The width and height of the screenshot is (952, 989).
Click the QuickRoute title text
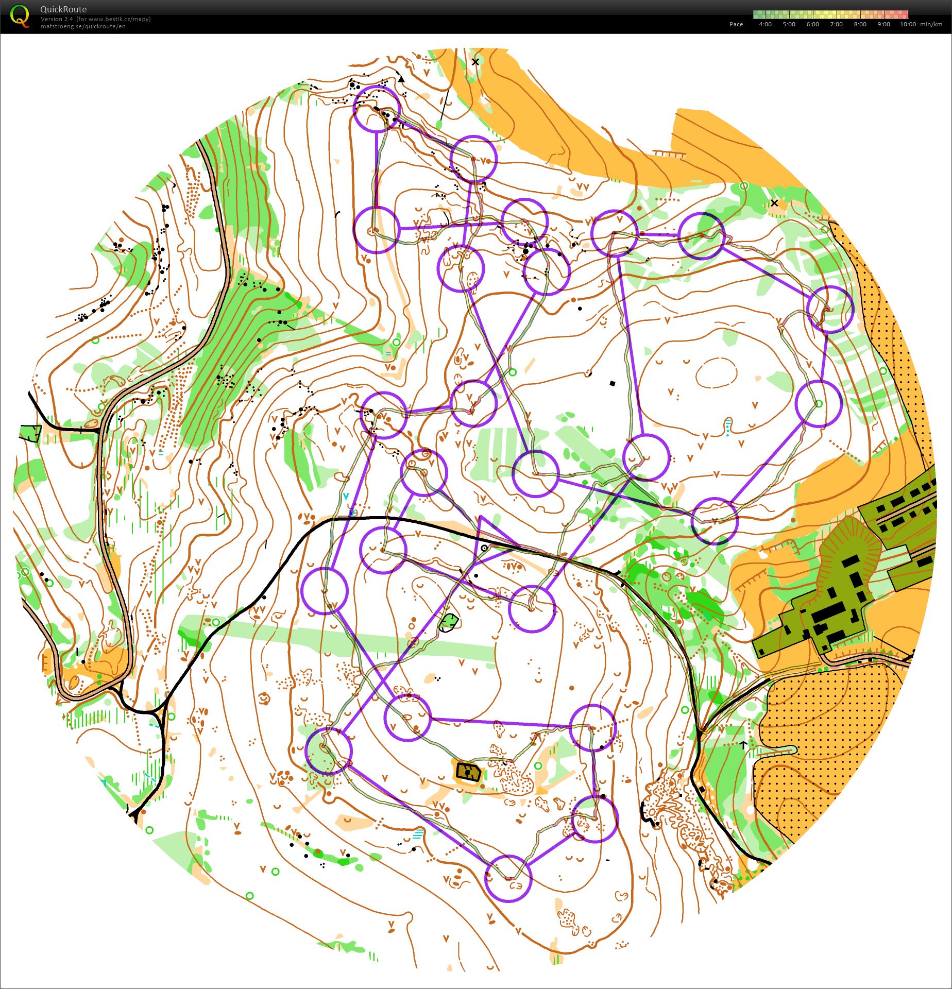coord(63,9)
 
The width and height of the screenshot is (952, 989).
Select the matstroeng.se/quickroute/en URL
coord(83,26)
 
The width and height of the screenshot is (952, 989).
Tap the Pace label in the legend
coord(736,24)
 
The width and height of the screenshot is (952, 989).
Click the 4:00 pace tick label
coord(765,24)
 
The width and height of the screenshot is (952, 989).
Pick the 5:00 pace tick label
coord(789,24)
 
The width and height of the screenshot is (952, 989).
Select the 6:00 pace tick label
coord(812,24)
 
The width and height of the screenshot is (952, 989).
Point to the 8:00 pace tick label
coord(860,24)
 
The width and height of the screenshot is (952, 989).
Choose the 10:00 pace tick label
coord(908,24)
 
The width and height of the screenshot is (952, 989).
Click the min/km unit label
coord(931,24)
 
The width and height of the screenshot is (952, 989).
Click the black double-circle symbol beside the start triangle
coord(484,548)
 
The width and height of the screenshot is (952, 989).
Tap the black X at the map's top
coord(475,62)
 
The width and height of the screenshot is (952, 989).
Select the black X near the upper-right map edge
coord(774,203)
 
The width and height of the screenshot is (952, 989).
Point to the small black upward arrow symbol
coord(743,744)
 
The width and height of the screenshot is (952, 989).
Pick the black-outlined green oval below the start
coord(450,622)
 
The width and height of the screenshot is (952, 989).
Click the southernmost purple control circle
coord(508,879)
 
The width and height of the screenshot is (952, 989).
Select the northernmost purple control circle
coord(377,109)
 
